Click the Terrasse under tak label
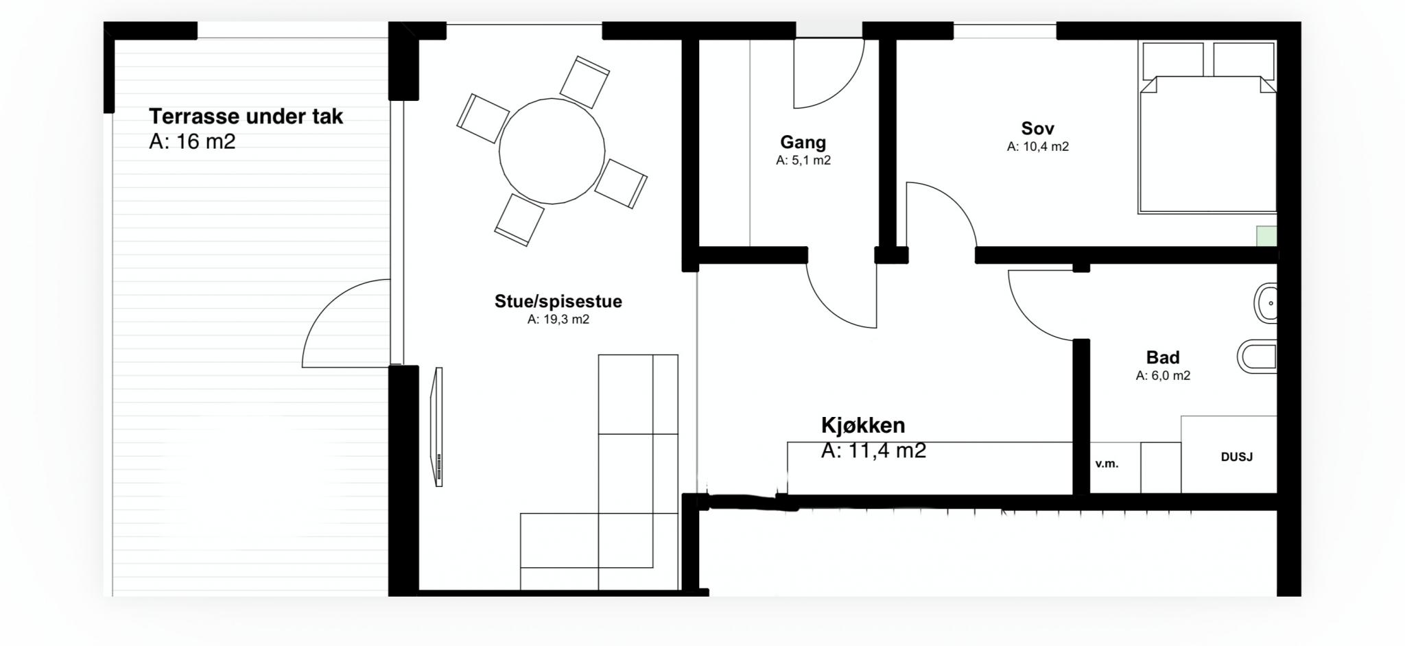(x=246, y=117)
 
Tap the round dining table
(x=552, y=151)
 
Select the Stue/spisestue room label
(x=558, y=301)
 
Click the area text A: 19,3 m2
(x=558, y=320)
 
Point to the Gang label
(x=803, y=143)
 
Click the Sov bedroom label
(x=1037, y=128)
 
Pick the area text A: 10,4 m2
(x=1037, y=147)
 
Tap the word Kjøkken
(x=863, y=425)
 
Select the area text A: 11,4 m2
(x=873, y=451)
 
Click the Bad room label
(x=1163, y=357)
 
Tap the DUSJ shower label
(x=1237, y=457)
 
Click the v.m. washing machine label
(x=1107, y=464)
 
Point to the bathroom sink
(x=1266, y=302)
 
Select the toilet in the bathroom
(x=1258, y=357)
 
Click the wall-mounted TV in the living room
(x=438, y=427)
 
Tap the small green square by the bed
(x=1266, y=236)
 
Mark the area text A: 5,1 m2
(x=803, y=160)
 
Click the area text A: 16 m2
(x=192, y=142)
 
